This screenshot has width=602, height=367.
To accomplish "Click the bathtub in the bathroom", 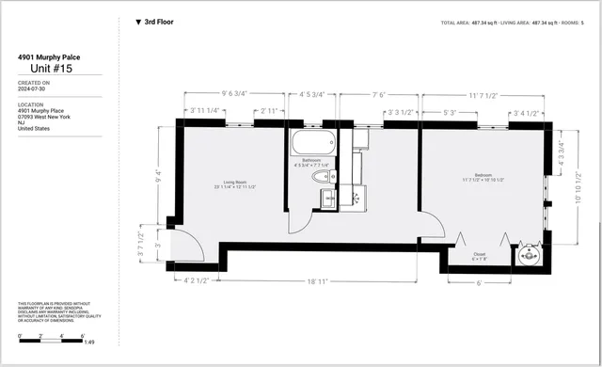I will click(x=311, y=144).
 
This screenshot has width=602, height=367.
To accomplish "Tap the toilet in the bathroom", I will click(x=320, y=176).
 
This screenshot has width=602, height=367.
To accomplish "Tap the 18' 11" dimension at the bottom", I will click(x=316, y=280).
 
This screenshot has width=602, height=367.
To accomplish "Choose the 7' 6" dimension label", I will click(x=379, y=94).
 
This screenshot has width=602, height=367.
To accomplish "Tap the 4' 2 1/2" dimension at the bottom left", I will click(x=195, y=280).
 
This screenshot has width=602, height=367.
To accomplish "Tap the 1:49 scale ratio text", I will click(x=90, y=343).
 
